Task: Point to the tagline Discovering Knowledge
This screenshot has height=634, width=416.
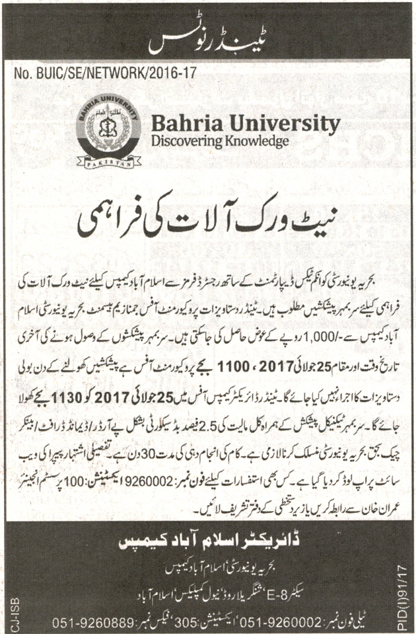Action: tap(220, 141)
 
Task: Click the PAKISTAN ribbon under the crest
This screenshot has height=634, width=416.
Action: tap(109, 160)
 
